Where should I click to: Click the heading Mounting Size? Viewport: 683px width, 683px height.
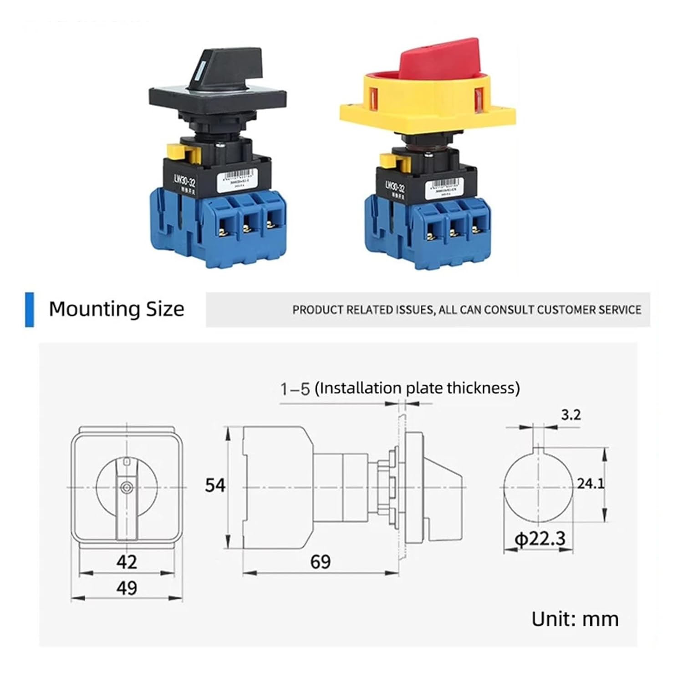coord(117,309)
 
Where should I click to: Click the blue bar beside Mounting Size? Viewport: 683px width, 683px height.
coord(29,310)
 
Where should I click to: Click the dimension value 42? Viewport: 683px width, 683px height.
coord(127,562)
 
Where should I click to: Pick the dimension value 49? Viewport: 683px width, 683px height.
coord(127,588)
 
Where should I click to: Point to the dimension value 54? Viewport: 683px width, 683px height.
coord(215,485)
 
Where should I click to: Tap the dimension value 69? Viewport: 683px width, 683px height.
coord(320,562)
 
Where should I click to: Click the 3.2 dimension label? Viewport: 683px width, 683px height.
coord(571,415)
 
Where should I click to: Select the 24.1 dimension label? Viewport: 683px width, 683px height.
coord(591,484)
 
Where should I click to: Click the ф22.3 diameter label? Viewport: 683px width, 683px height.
coord(540,539)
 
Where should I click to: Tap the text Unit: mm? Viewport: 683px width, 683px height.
coord(575,619)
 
